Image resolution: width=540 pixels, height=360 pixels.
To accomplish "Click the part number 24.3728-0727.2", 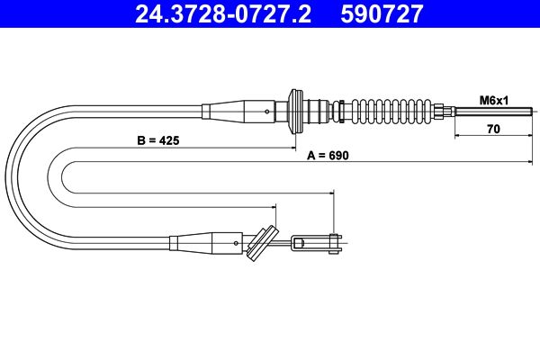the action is coord(223,13).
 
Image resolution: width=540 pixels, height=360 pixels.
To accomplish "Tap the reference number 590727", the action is coord(382,13).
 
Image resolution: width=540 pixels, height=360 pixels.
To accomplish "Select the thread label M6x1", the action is coord(494,101).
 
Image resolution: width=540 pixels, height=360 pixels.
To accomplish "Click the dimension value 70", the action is coord(493,129).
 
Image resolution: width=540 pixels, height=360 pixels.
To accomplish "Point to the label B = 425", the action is coord(158,140).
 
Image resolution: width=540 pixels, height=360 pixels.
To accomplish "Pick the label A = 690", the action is coord(328,156).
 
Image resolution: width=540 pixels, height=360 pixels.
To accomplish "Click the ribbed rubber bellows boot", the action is coord(391,111).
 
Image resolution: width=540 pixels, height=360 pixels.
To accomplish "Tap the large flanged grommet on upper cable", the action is coord(296,112).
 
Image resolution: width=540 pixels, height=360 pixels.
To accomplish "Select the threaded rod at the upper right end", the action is coord(493,112).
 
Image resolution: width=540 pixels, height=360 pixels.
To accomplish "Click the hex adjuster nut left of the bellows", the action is coord(339,111).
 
